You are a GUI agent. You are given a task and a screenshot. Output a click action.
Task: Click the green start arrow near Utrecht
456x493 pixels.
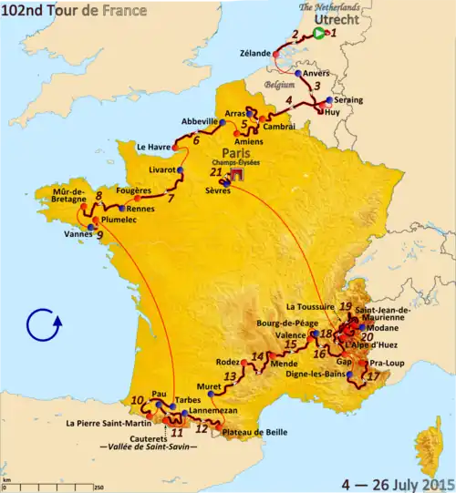318,34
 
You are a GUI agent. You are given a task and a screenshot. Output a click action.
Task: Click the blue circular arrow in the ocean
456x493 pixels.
44,324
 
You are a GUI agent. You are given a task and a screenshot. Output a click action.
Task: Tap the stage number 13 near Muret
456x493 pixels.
230,375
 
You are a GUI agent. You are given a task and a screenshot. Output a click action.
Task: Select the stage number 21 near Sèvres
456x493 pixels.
215,171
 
